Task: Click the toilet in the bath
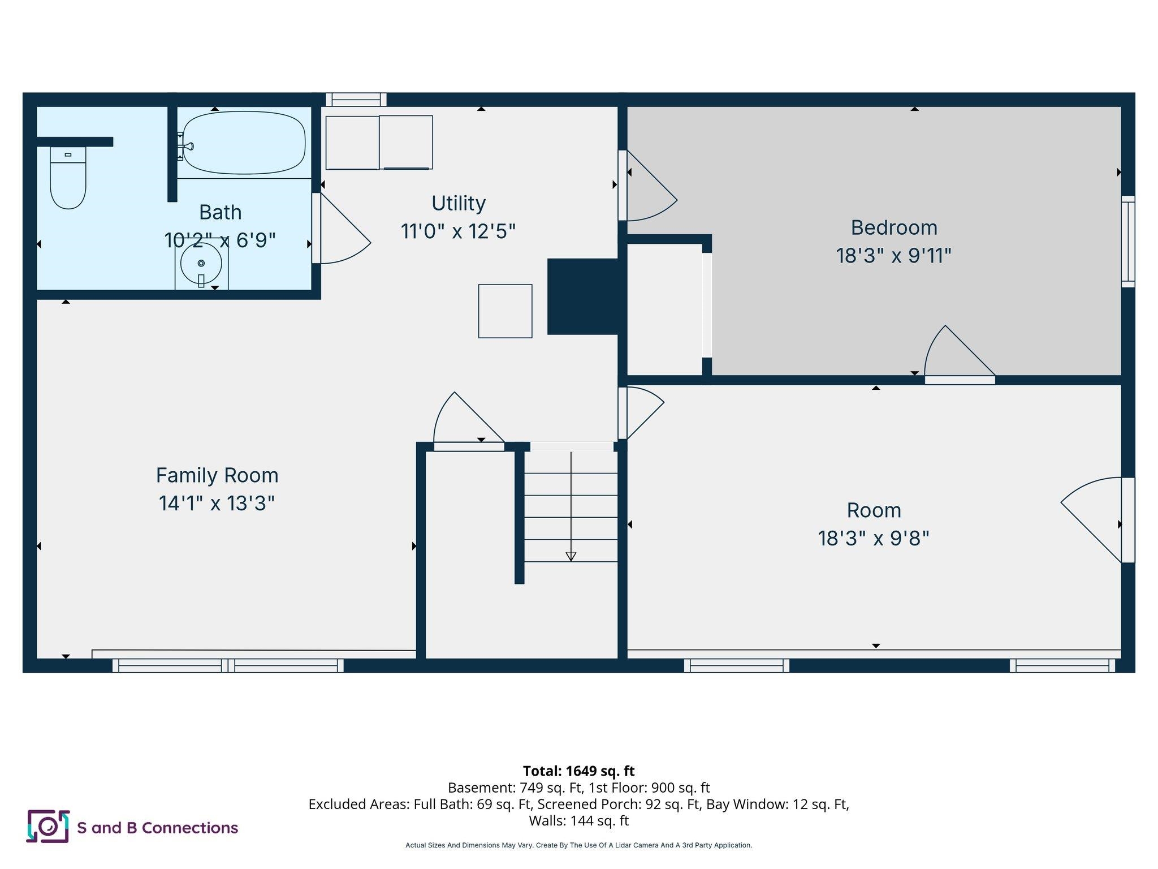pyautogui.click(x=68, y=178)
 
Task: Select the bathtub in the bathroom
pyautogui.click(x=244, y=143)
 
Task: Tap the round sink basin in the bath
pyautogui.click(x=201, y=264)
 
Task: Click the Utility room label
pyautogui.click(x=458, y=203)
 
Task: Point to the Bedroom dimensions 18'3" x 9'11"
pyautogui.click(x=893, y=256)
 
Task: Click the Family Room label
pyautogui.click(x=217, y=475)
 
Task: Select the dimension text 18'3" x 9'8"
pyautogui.click(x=873, y=538)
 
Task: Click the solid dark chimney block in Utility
pyautogui.click(x=582, y=296)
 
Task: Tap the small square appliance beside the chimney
pyautogui.click(x=505, y=311)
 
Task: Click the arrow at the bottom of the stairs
pyautogui.click(x=571, y=556)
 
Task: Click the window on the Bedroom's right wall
pyautogui.click(x=1127, y=242)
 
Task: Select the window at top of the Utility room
pyautogui.click(x=356, y=100)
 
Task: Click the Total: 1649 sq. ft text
pyautogui.click(x=578, y=771)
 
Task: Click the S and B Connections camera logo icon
pyautogui.click(x=48, y=827)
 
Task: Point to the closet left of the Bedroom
pyautogui.click(x=665, y=309)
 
